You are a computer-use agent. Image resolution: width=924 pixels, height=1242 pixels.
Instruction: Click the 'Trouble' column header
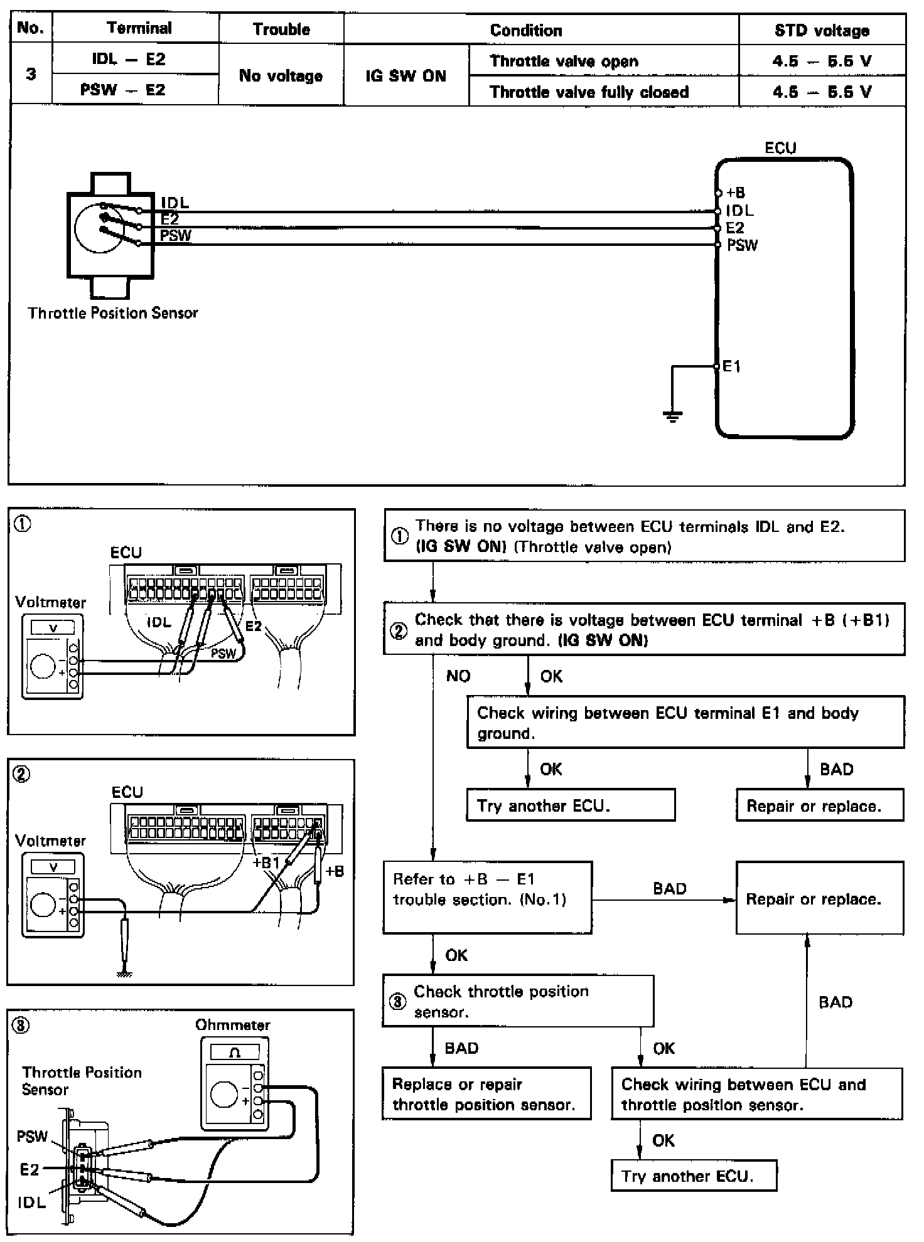[x=281, y=29]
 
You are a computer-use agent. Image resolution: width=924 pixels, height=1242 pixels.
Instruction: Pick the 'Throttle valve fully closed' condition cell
[x=589, y=92]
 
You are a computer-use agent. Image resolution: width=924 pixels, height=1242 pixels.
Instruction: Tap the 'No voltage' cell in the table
[x=281, y=76]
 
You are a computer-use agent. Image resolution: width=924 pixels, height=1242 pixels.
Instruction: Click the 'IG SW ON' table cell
[x=406, y=76]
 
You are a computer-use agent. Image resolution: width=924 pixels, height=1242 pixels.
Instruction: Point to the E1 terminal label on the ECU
[x=732, y=366]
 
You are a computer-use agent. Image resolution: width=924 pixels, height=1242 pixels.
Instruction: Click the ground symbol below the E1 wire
[x=672, y=416]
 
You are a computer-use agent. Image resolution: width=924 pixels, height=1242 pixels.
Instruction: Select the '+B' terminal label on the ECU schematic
[x=736, y=193]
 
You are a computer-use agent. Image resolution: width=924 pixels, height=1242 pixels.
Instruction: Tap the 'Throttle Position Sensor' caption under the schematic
[x=113, y=313]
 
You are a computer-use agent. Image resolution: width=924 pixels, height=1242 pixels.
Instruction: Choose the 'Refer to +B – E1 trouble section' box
[x=487, y=896]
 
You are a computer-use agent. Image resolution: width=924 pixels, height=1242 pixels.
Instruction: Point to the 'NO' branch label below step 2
[x=458, y=676]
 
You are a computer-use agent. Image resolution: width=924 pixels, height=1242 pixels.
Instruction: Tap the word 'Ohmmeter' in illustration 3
[x=232, y=1025]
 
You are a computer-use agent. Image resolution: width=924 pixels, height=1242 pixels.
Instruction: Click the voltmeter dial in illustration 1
[x=43, y=666]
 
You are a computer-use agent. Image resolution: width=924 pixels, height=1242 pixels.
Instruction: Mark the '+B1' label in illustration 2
[x=266, y=863]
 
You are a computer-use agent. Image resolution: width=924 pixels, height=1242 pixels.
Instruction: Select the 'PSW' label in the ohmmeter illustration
[x=32, y=1136]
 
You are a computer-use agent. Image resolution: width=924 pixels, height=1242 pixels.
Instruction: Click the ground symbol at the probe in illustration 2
[x=124, y=974]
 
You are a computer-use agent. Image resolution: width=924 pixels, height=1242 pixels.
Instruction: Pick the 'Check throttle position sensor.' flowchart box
[x=518, y=1001]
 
